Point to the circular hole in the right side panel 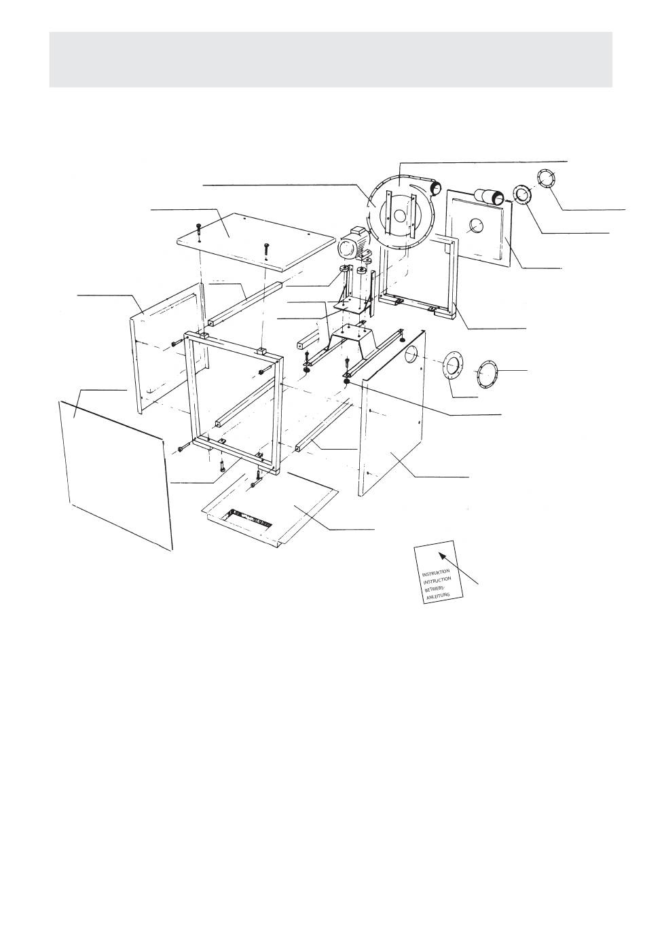(x=411, y=355)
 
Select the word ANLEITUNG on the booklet (x=438, y=595)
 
